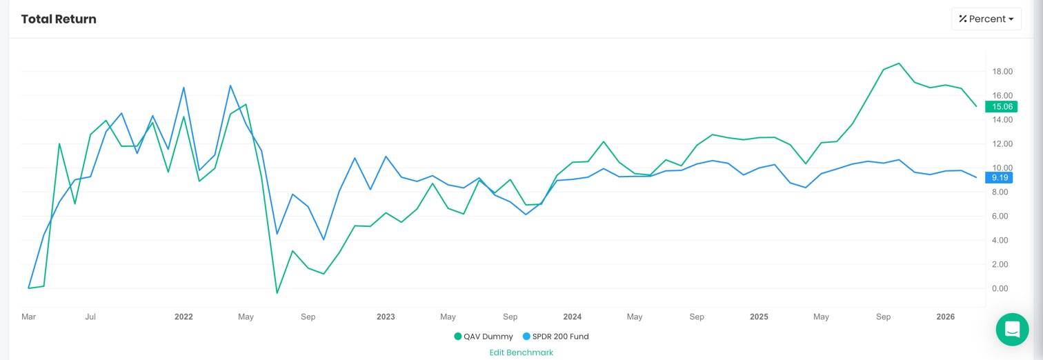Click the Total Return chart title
pyautogui.click(x=59, y=19)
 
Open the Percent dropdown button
pyautogui.click(x=986, y=19)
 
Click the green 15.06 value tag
pyautogui.click(x=1001, y=107)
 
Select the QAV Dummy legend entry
pyautogui.click(x=484, y=337)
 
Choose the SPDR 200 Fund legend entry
pyautogui.click(x=555, y=337)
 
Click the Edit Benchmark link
pyautogui.click(x=521, y=352)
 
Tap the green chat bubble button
pyautogui.click(x=1012, y=329)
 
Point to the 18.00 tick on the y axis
pyautogui.click(x=1002, y=72)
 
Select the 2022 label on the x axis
pyautogui.click(x=183, y=317)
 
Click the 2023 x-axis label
pyautogui.click(x=386, y=317)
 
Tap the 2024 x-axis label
pyautogui.click(x=572, y=317)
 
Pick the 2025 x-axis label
pyautogui.click(x=759, y=317)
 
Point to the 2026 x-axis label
pyautogui.click(x=945, y=317)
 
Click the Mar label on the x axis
pyautogui.click(x=28, y=317)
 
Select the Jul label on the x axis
pyautogui.click(x=90, y=317)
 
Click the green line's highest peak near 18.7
pyautogui.click(x=899, y=63)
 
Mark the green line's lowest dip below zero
pyautogui.click(x=277, y=293)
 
